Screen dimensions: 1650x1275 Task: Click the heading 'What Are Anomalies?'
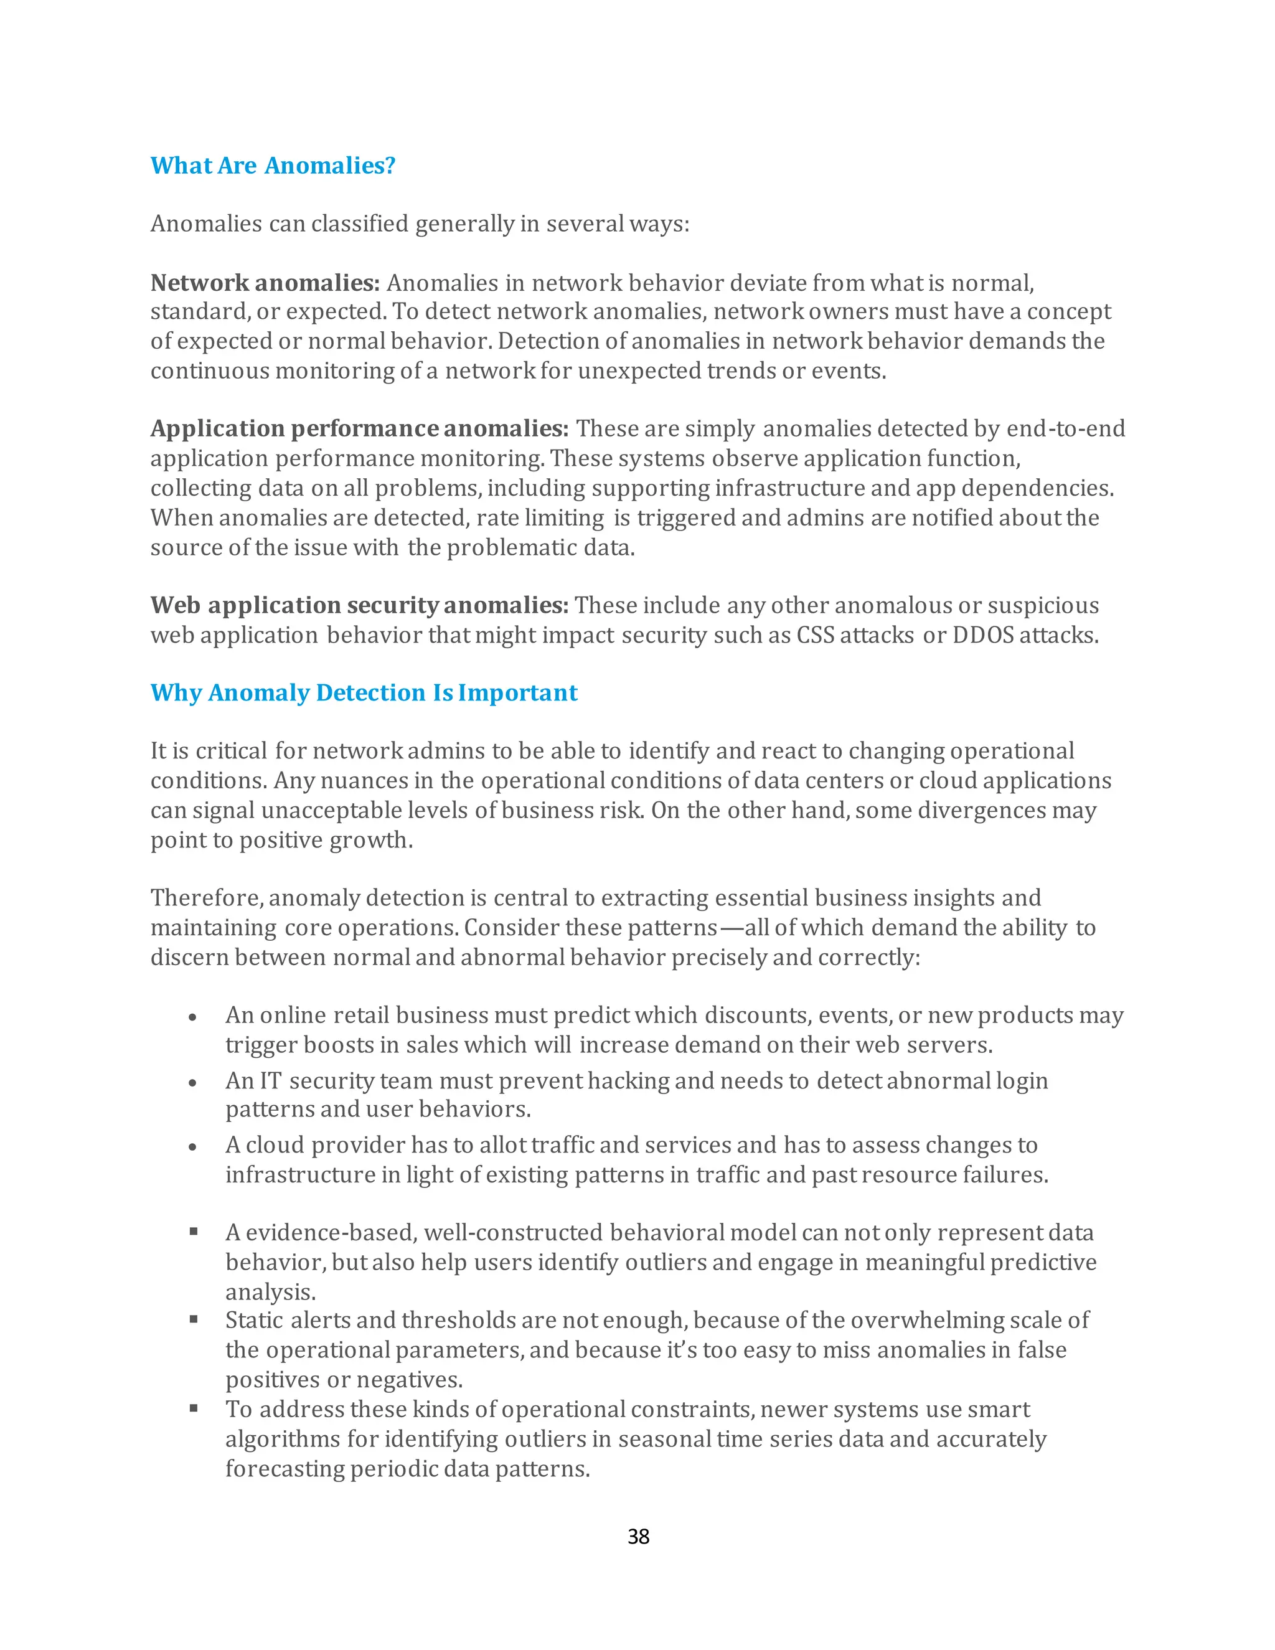point(273,166)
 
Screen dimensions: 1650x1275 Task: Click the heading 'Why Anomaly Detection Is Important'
point(364,693)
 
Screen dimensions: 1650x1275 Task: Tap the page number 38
point(638,1537)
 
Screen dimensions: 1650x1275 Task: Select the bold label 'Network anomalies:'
point(265,283)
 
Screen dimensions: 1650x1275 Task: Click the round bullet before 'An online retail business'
point(194,1017)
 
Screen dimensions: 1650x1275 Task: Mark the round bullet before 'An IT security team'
point(194,1083)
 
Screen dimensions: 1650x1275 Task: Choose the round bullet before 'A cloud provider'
point(194,1148)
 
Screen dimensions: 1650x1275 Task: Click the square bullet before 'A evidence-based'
point(194,1232)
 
